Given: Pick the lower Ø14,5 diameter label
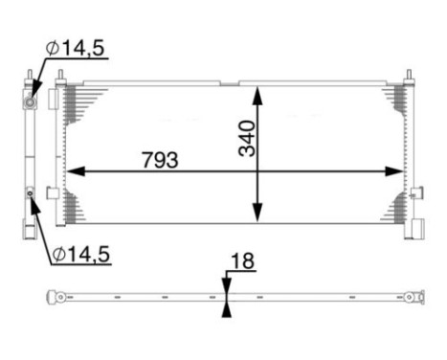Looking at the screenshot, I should pos(80,254).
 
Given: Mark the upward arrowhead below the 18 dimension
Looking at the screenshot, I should pos(226,308).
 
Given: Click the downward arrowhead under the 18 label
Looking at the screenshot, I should pos(226,285).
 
